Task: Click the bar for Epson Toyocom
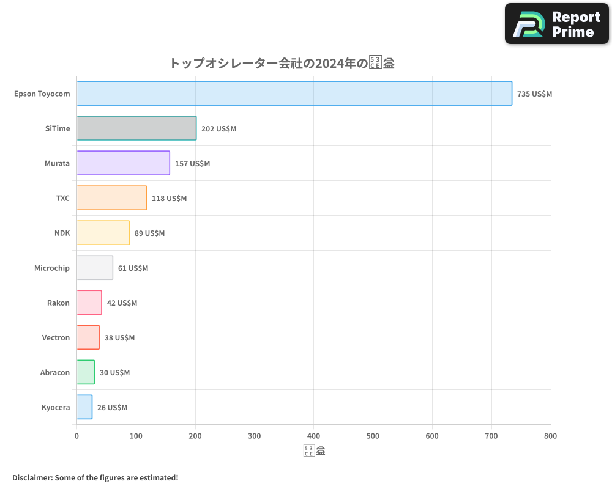[x=294, y=94]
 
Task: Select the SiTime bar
[x=136, y=128]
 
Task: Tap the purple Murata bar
[x=123, y=163]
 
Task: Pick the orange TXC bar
[x=111, y=198]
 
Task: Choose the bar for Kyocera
[x=84, y=407]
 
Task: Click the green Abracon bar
[x=86, y=372]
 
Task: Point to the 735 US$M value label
[x=534, y=94]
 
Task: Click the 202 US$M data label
[x=218, y=129]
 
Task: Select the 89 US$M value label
[x=149, y=233]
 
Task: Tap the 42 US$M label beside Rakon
[x=122, y=303]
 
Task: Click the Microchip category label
[x=52, y=268]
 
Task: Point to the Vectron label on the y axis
[x=56, y=337]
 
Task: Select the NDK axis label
[x=62, y=233]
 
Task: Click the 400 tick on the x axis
[x=313, y=436]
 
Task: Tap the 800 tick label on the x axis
[x=550, y=436]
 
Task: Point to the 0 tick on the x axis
[x=76, y=436]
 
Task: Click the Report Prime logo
[x=556, y=24]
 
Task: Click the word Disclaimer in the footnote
[x=32, y=477]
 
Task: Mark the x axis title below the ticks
[x=314, y=451]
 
